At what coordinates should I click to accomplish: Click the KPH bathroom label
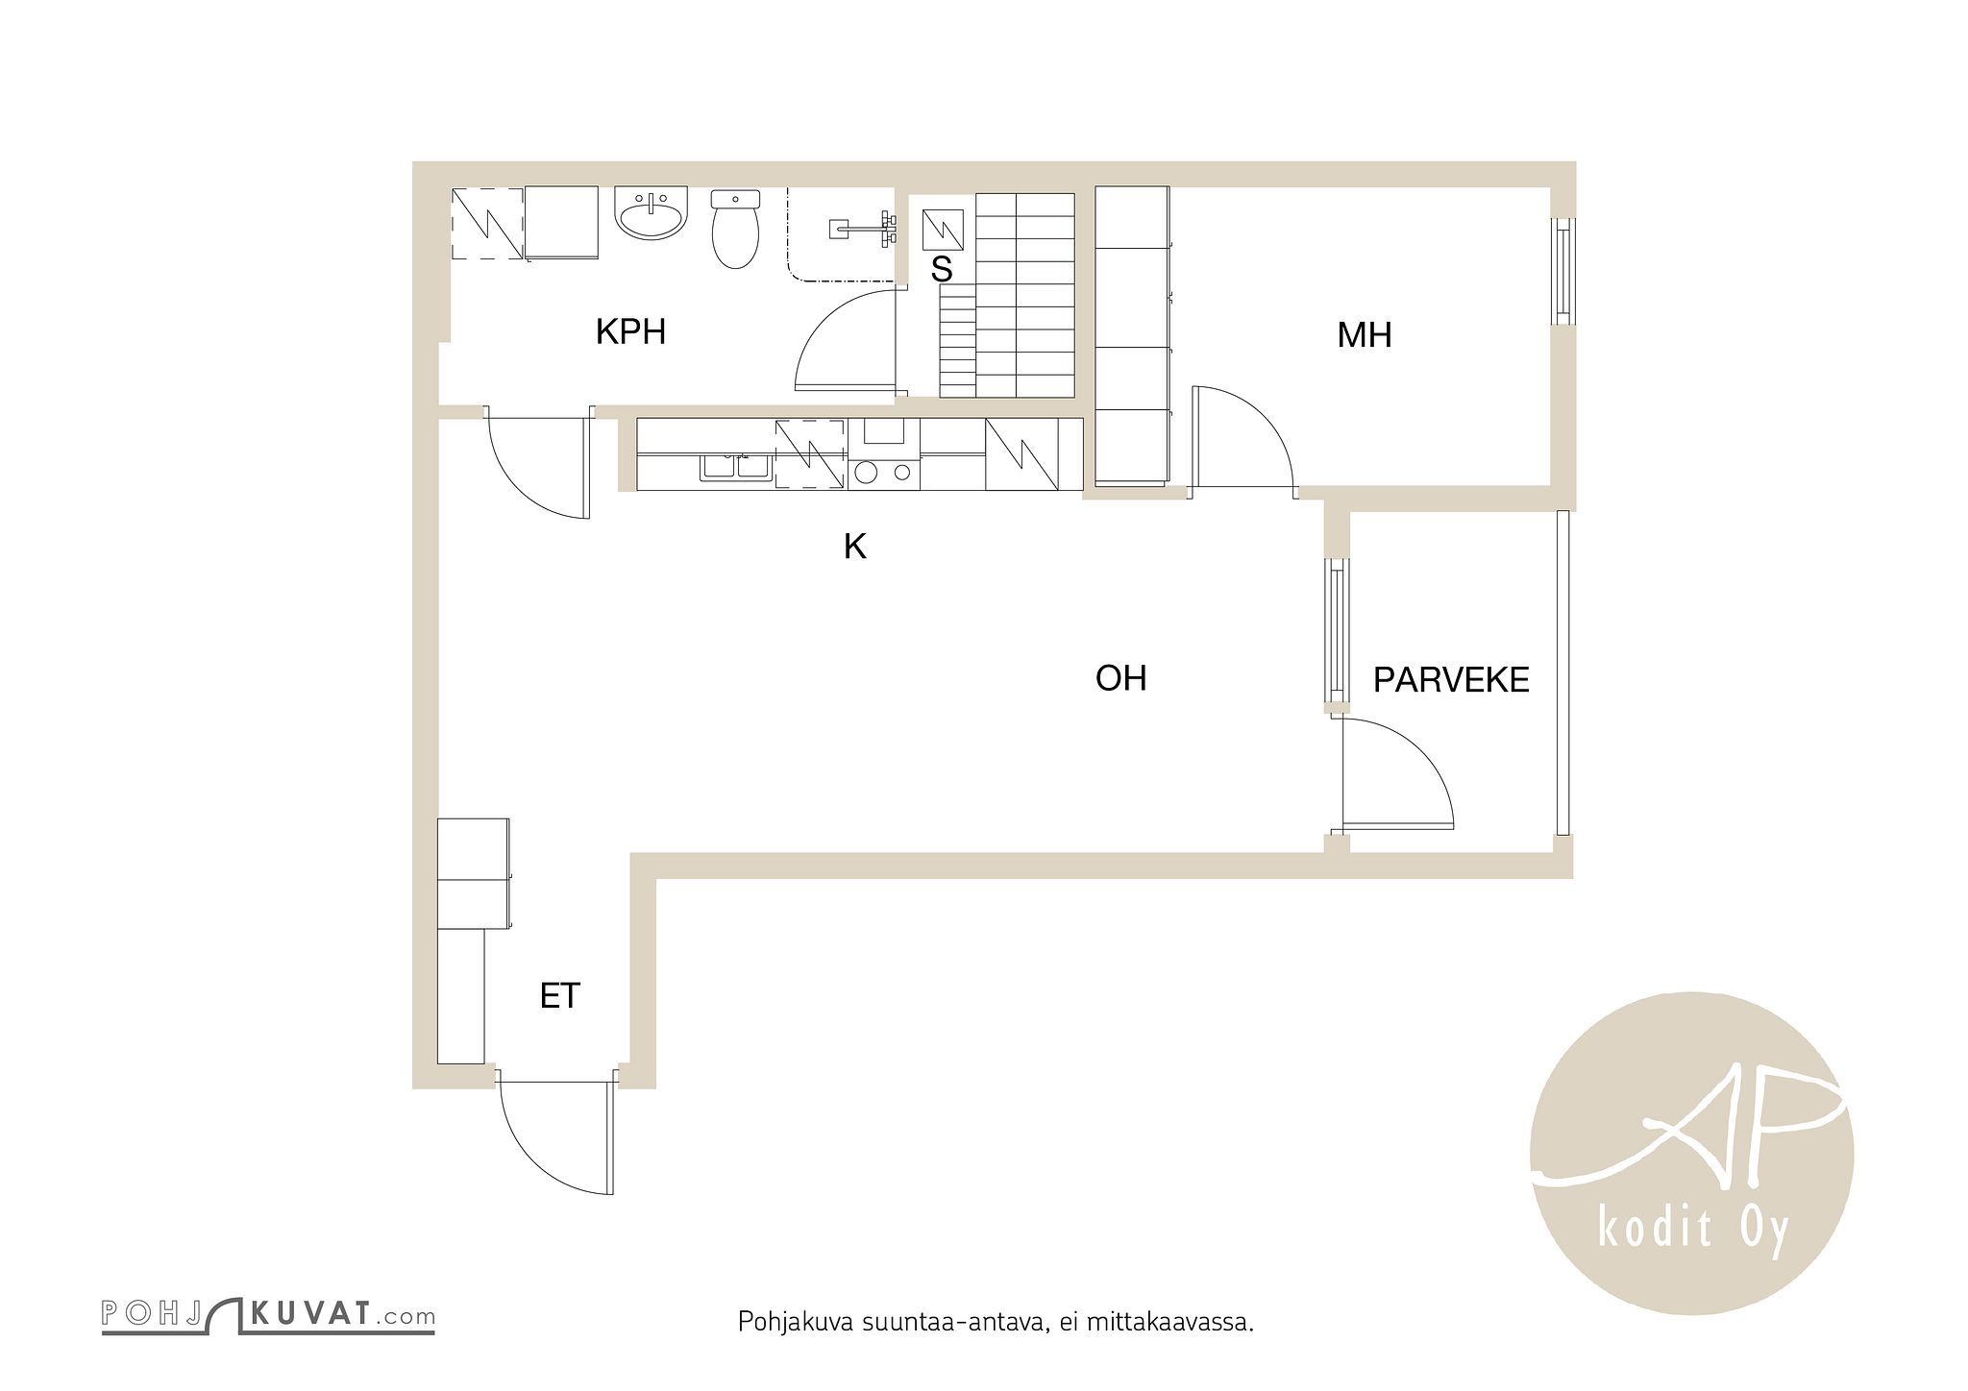630,332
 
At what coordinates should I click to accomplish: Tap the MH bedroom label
1365,335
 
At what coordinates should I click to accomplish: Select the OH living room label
1120,678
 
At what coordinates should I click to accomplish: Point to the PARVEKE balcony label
1450,680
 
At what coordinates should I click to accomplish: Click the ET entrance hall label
560,996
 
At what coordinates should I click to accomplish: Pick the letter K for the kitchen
854,547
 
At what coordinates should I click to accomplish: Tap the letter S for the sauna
942,270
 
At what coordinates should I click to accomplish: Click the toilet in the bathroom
735,229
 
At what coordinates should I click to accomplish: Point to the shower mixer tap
864,229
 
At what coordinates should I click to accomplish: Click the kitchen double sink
736,466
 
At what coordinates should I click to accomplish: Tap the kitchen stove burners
883,472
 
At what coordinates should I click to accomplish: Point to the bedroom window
1564,272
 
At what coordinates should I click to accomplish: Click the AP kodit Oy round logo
1691,1153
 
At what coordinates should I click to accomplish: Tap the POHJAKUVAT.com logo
268,1315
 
